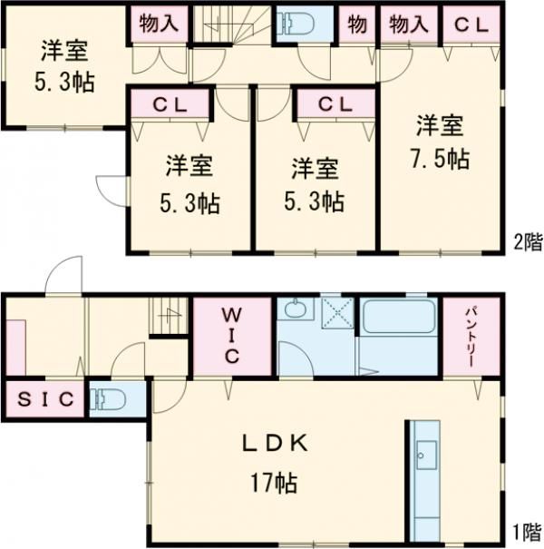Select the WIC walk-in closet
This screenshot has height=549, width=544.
(230, 336)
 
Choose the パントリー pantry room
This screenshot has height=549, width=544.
(471, 336)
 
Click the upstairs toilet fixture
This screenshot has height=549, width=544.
(296, 22)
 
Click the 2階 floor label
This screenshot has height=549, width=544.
(528, 242)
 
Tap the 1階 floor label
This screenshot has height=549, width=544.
(528, 532)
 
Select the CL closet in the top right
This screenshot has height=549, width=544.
(471, 25)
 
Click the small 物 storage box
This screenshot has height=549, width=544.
(357, 25)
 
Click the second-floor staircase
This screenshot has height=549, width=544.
(231, 22)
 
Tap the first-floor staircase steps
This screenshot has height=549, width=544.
(168, 316)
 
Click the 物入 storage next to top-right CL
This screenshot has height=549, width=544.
(410, 25)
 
